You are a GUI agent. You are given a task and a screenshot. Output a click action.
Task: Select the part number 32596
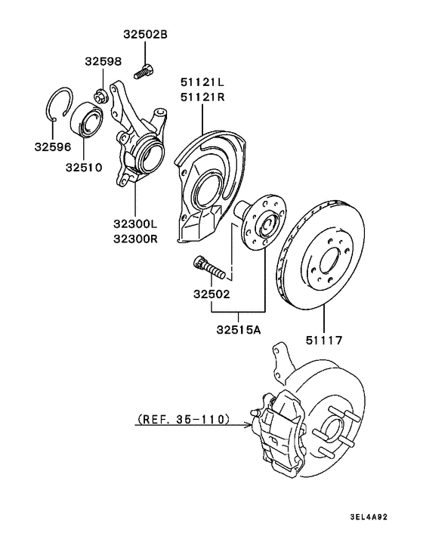click(51, 147)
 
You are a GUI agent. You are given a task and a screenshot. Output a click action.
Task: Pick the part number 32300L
click(135, 223)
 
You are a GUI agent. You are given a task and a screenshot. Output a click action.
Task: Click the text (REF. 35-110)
click(184, 418)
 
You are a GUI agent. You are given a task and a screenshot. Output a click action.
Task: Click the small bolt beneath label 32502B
click(144, 72)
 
